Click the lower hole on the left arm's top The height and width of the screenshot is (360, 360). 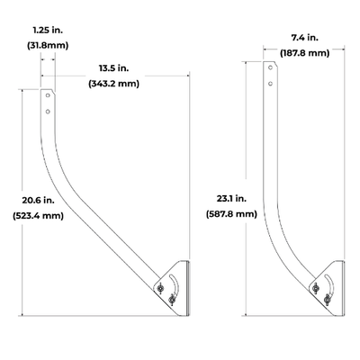(48, 111)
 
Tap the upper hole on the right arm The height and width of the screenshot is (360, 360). (268, 68)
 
